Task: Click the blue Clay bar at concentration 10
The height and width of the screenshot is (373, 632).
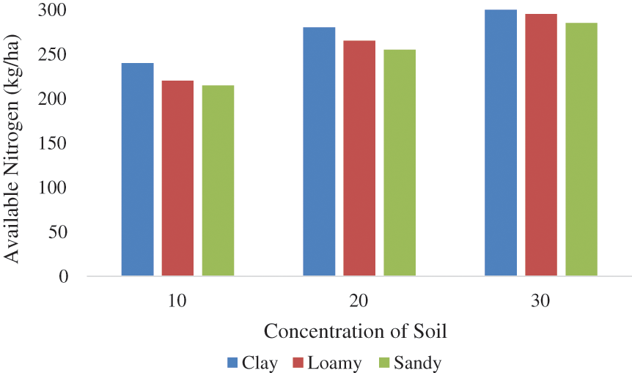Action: tap(137, 170)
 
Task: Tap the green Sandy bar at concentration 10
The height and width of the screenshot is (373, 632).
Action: tap(218, 181)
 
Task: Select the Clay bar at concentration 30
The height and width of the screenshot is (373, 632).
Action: tap(501, 143)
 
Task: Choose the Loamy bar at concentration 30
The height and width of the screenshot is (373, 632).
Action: tap(541, 145)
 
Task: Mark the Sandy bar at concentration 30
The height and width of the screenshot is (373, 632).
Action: tap(581, 149)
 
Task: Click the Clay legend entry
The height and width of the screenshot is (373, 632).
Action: tap(253, 362)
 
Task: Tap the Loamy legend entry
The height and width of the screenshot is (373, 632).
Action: tap(328, 362)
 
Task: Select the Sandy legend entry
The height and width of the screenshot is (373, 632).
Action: tap(410, 362)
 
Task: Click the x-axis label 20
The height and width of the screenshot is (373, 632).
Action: tap(359, 301)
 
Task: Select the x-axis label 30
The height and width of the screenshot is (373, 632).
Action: tap(541, 301)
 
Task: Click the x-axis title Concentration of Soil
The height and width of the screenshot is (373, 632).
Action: tap(355, 330)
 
